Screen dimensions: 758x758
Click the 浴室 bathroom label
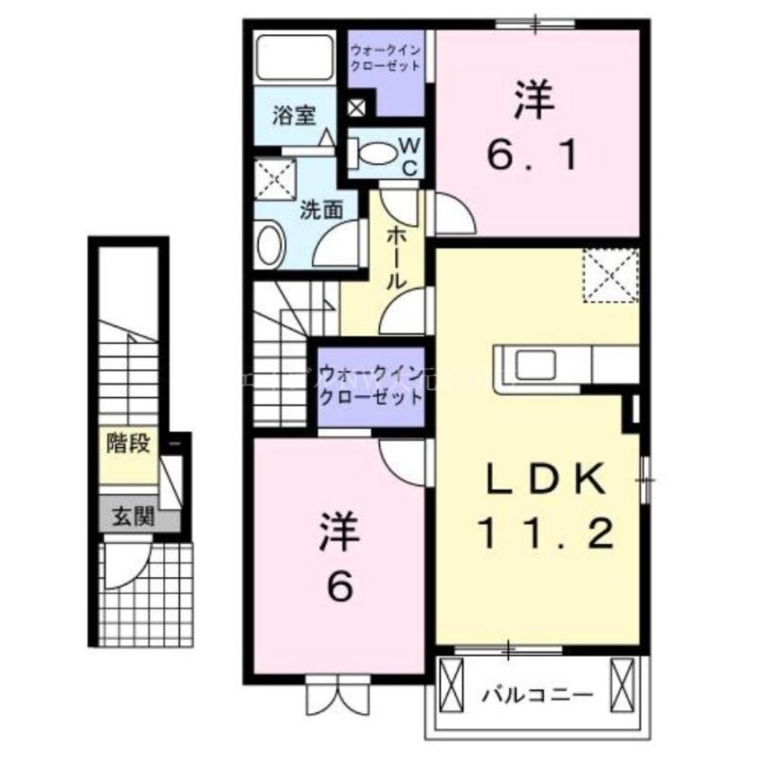coord(294,116)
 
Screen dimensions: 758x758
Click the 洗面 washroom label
coord(321,211)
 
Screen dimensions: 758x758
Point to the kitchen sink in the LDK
coord(534,366)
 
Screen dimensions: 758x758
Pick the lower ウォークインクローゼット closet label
coord(370,384)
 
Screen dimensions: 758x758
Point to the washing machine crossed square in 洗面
coord(276,177)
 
